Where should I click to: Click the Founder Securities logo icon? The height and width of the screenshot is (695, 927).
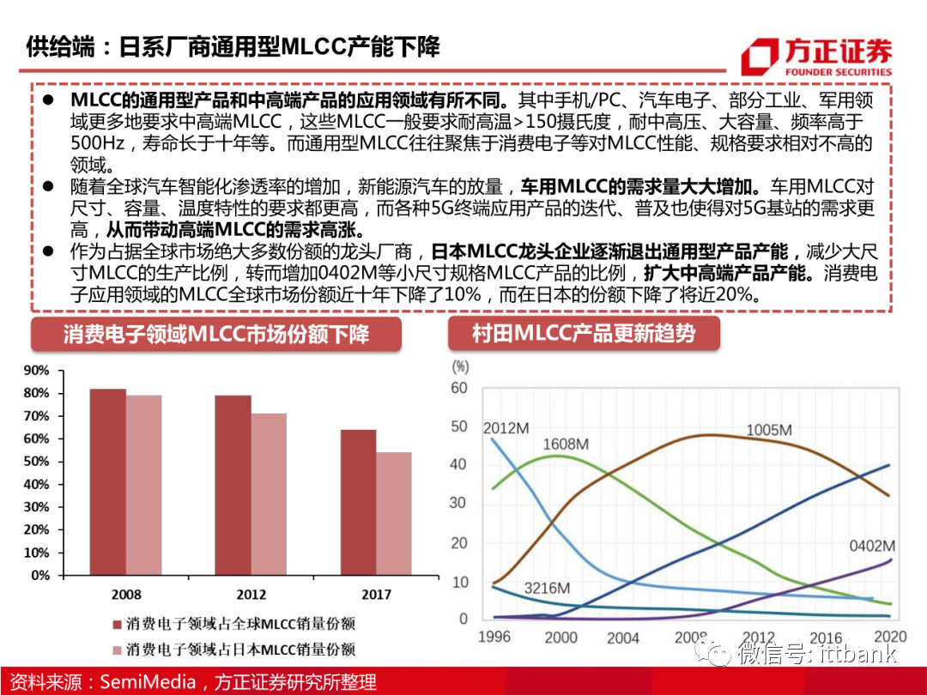[x=760, y=57]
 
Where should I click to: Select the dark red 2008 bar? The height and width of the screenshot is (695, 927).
[x=107, y=481]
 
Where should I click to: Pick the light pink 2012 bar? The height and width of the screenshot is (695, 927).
[x=269, y=494]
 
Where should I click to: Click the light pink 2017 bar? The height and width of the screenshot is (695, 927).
[x=394, y=513]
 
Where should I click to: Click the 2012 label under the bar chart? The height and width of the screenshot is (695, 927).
[x=251, y=594]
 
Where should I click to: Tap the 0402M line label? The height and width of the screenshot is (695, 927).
[x=872, y=546]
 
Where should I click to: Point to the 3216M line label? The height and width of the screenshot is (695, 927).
[x=547, y=589]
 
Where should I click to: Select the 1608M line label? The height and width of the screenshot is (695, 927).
[x=566, y=444]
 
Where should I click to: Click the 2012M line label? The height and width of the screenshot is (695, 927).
[x=506, y=427]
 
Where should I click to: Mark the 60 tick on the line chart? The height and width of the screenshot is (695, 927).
[x=459, y=388]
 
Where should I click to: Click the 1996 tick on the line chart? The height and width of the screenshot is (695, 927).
[x=494, y=637]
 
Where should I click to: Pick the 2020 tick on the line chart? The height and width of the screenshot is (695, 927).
[x=890, y=637]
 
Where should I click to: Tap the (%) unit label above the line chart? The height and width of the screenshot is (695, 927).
[x=461, y=366]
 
